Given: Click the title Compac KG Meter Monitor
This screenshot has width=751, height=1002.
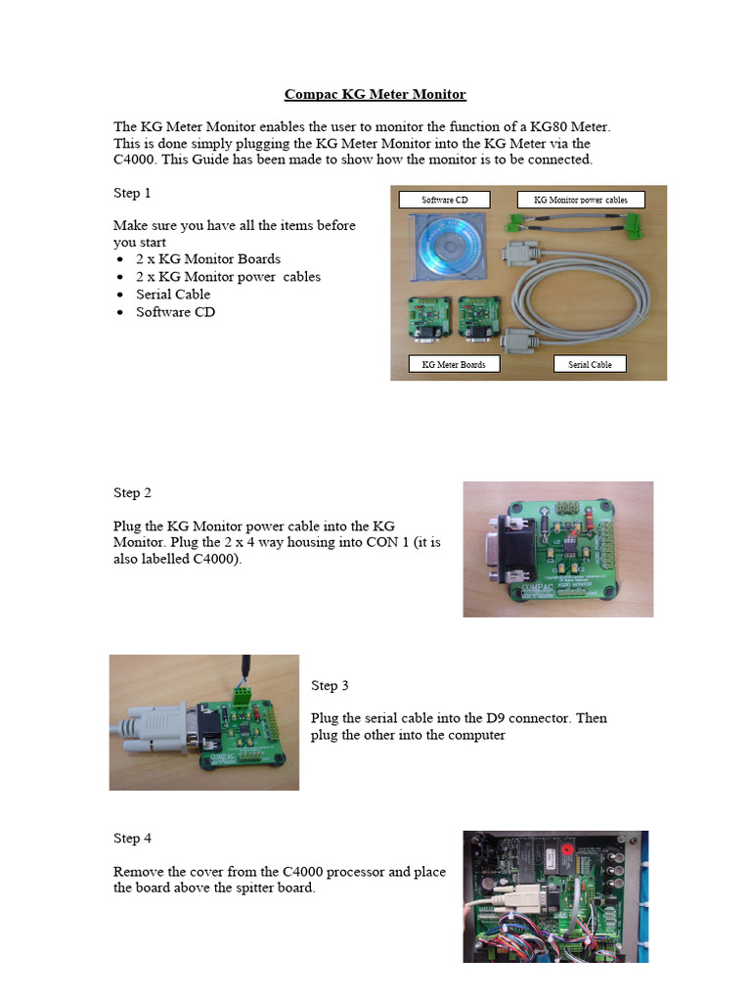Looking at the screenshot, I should tap(375, 95).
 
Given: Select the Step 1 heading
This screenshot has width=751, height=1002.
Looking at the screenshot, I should tap(132, 193).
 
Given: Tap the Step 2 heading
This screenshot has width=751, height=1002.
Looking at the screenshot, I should tap(132, 492).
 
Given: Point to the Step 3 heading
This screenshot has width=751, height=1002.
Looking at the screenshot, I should tap(331, 685).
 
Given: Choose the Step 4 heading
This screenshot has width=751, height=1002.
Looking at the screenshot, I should tap(132, 839).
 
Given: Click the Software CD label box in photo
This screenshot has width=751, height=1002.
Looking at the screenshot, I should tap(444, 201).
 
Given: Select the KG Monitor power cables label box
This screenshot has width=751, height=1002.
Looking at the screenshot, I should tap(582, 201).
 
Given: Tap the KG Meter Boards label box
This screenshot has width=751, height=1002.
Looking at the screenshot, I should tap(453, 364).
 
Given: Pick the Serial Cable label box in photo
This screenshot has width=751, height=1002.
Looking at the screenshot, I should tap(590, 364).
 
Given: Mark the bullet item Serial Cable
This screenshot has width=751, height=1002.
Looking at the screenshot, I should tap(173, 295).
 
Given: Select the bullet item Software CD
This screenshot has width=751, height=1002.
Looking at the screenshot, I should tap(175, 312).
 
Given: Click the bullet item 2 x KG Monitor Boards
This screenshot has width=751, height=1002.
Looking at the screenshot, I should tap(207, 259).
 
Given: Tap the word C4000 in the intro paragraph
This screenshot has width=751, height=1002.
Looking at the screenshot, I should tap(134, 159).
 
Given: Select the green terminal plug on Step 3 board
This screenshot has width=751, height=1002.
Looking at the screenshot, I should tap(242, 696).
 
